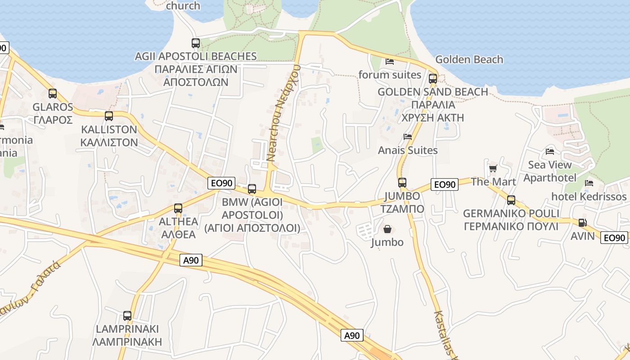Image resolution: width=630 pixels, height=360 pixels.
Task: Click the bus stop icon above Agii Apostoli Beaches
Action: coord(195,43)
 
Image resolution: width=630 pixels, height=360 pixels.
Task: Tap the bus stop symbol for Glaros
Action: coord(53,94)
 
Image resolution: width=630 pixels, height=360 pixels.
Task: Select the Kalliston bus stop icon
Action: coord(108,116)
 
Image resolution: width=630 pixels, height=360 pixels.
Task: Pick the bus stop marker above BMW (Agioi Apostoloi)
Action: coord(252,189)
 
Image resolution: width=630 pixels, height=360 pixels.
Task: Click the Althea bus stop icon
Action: coord(178,208)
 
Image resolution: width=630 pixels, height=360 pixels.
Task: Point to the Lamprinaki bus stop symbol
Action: coord(127,316)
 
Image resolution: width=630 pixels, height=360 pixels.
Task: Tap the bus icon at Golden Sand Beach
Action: coord(433,79)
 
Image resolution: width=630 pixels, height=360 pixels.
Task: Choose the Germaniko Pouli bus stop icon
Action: coord(511,200)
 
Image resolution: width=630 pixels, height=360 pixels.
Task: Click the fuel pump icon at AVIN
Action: coord(582,222)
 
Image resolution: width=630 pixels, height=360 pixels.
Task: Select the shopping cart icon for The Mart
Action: coord(493,169)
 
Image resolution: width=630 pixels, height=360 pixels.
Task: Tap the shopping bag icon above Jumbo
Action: coord(387,229)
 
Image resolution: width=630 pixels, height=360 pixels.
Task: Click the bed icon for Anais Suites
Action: coord(408,137)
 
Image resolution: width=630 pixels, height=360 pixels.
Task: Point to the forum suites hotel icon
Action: coord(390,61)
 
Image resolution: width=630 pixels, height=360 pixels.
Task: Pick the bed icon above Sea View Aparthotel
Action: coord(549,152)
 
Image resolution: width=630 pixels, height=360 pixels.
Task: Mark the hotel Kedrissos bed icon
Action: coord(589,183)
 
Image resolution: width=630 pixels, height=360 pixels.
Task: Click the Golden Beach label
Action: coord(469,59)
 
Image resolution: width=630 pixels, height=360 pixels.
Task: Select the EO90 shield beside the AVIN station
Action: coord(614,238)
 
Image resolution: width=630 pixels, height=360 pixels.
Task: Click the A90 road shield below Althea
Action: coord(191,260)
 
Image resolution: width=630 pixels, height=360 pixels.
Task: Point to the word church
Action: coord(183,6)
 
